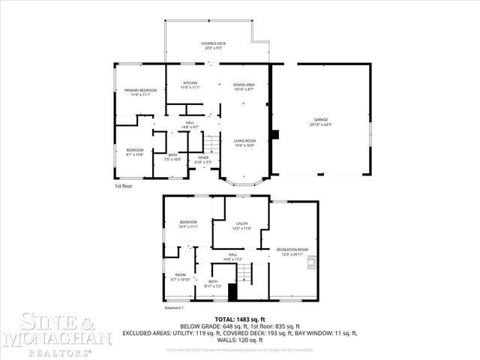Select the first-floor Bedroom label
point(134,152)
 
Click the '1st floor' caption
point(124,185)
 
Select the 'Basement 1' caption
point(174,307)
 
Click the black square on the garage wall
point(275,135)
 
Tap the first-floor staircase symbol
point(214,142)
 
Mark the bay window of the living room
point(244,181)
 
